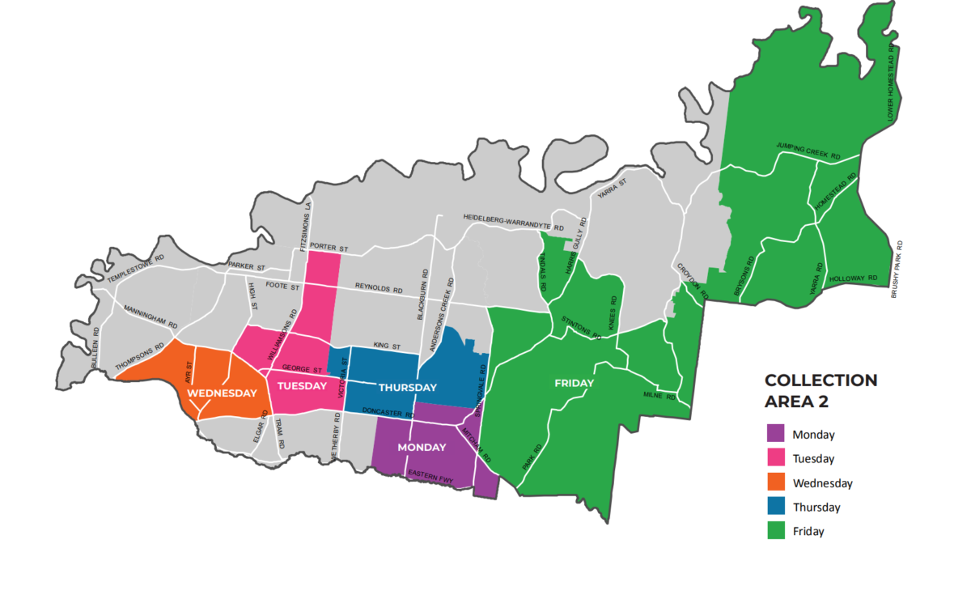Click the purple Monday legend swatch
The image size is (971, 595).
[x=775, y=434]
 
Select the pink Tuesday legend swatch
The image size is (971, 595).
[x=775, y=458]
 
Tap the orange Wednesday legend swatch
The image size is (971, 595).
[x=775, y=482]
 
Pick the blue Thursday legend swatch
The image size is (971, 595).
[x=775, y=507]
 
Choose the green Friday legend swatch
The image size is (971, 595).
[x=775, y=531]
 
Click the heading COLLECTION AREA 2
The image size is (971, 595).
[x=820, y=389]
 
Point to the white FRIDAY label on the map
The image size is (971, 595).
[x=575, y=383]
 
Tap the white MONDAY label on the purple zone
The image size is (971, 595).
[x=422, y=448]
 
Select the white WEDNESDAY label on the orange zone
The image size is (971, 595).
[x=223, y=393]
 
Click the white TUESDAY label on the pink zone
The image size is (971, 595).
[x=302, y=385]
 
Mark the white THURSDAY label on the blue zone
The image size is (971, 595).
[x=408, y=386]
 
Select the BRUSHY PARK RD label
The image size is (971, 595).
[x=898, y=270]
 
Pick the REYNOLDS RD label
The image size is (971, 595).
[x=379, y=288]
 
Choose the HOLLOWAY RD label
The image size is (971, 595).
[x=853, y=278]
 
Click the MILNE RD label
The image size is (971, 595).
[x=659, y=395]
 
